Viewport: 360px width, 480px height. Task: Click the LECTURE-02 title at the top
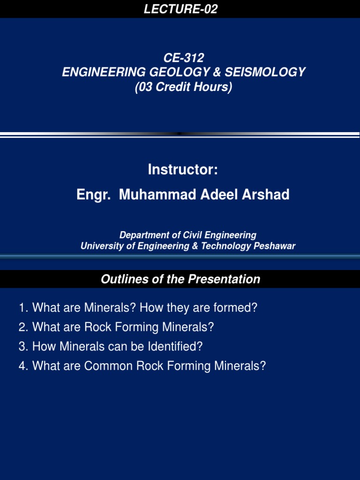[180, 9]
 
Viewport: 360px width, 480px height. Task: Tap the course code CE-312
[183, 58]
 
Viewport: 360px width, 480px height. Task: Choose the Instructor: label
[183, 170]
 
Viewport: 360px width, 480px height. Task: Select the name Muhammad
[151, 195]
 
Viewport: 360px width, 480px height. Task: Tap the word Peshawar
[275, 246]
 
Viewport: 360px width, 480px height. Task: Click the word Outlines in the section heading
[120, 279]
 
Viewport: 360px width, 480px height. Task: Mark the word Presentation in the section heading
[224, 279]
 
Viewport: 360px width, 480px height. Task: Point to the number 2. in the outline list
[24, 327]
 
